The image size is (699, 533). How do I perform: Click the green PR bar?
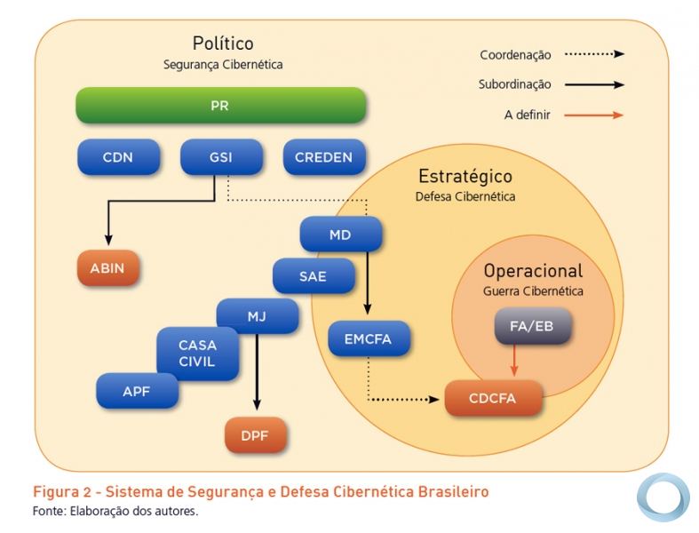pyautogui.click(x=219, y=105)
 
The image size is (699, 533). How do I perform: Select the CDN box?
pyautogui.click(x=118, y=158)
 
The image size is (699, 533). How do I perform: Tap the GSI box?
pyautogui.click(x=221, y=158)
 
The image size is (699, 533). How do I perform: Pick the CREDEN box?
pyautogui.click(x=323, y=158)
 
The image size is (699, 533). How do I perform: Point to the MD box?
pyautogui.click(x=340, y=235)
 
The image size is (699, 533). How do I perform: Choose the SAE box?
pyautogui.click(x=313, y=276)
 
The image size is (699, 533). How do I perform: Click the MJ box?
pyautogui.click(x=257, y=315)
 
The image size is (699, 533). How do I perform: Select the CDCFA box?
pyautogui.click(x=493, y=399)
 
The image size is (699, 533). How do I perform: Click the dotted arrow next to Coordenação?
pyautogui.click(x=594, y=54)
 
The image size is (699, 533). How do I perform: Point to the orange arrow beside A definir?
pyautogui.click(x=594, y=115)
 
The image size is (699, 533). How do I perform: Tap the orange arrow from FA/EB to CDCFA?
pyautogui.click(x=512, y=362)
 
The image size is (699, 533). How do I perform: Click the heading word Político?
pyautogui.click(x=223, y=43)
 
